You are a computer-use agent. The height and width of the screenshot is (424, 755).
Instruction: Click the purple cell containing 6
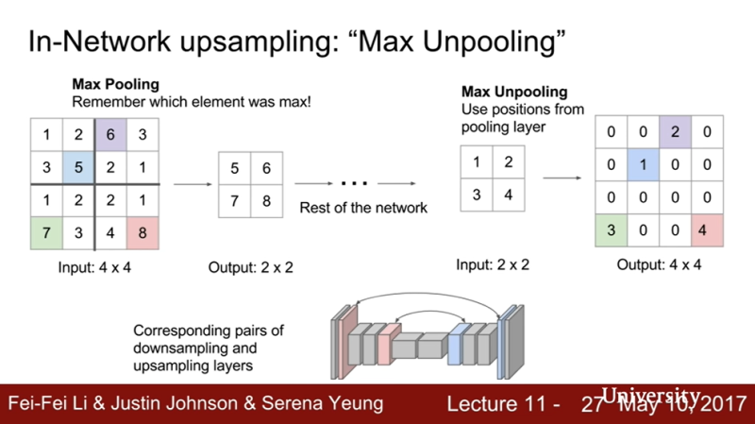tap(109, 135)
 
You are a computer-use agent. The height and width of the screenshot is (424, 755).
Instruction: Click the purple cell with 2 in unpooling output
tap(674, 133)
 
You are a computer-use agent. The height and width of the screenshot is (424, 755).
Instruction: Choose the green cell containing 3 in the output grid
tap(611, 230)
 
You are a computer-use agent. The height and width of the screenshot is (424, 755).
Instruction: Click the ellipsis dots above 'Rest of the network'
tap(354, 183)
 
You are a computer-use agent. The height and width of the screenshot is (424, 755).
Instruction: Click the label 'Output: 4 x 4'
tap(659, 264)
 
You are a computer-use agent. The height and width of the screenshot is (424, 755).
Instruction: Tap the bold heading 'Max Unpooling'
tap(514, 92)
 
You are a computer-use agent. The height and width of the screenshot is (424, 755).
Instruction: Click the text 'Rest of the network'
tap(363, 208)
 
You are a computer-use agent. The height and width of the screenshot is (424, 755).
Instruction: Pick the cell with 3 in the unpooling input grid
tap(477, 195)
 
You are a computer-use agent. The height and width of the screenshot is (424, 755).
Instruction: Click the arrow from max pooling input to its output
tap(191, 185)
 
